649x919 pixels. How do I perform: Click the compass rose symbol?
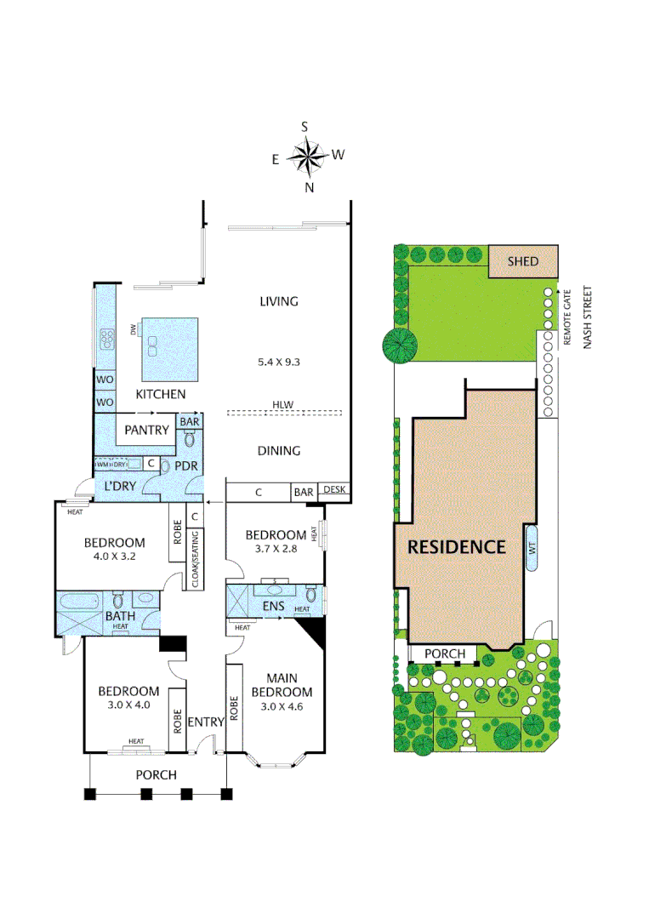307,157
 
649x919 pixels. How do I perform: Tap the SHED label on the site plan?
523,261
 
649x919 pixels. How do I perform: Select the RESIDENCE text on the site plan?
457,546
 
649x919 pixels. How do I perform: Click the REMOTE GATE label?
567,317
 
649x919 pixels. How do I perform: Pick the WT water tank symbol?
532,555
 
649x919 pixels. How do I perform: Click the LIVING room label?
279,301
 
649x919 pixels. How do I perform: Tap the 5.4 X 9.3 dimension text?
279,362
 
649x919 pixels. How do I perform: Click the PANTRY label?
146,431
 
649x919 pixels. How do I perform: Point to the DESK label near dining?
333,490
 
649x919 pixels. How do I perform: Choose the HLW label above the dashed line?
282,404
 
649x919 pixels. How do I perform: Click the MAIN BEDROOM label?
282,685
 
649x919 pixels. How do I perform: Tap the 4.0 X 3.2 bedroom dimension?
113,558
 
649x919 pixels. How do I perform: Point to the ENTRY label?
205,722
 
